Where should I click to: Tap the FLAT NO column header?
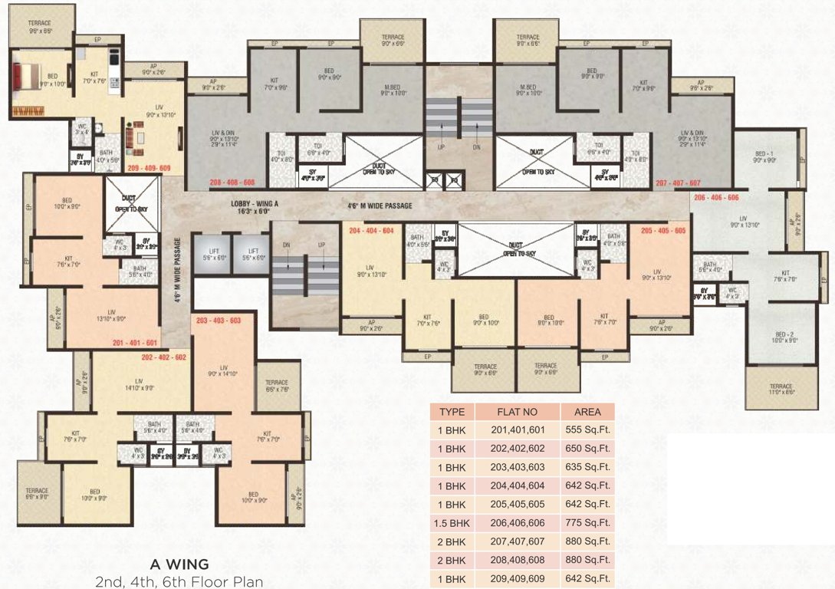point(518,412)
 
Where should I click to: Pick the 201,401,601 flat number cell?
point(518,430)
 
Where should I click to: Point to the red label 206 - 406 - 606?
point(715,197)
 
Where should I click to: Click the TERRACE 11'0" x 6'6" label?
point(781,390)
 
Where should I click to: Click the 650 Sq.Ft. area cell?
point(587,449)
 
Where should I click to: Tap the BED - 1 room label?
point(765,156)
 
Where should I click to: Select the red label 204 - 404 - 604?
point(371,230)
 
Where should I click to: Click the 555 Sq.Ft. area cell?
point(587,430)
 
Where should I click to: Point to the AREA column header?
point(587,412)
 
